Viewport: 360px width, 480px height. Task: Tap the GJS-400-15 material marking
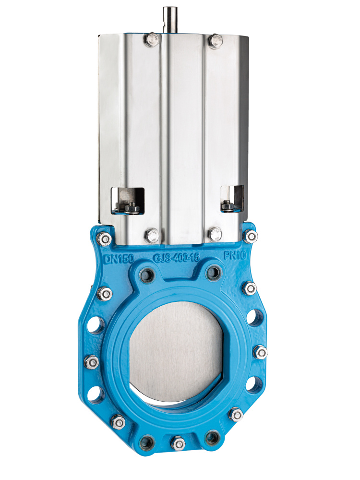click(176, 257)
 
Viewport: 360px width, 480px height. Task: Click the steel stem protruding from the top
click(170, 20)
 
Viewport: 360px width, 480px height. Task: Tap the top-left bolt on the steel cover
click(152, 40)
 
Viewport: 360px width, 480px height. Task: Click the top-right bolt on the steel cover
click(216, 41)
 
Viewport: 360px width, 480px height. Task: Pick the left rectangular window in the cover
click(128, 200)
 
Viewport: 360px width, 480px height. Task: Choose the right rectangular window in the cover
click(232, 198)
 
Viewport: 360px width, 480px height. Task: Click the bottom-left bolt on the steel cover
click(152, 235)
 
